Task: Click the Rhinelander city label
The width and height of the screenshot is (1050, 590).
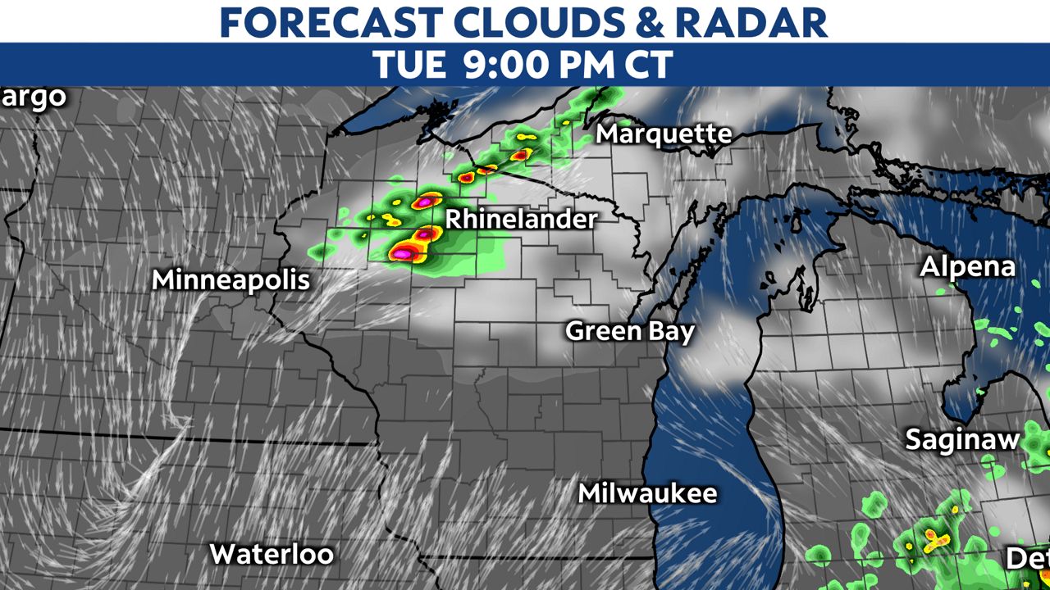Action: (x=520, y=220)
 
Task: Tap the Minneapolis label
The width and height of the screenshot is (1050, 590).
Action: (x=231, y=279)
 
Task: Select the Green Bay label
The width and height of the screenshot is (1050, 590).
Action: (x=630, y=331)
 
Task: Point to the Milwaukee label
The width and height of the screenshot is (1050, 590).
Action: (x=647, y=493)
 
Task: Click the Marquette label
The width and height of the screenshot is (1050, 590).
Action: (x=664, y=134)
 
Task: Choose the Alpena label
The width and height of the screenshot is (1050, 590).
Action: (x=967, y=266)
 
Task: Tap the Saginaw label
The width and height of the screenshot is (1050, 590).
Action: (x=962, y=439)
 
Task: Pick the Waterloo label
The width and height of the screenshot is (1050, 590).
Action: (x=272, y=554)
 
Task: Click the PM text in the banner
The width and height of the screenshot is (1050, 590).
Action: (x=584, y=65)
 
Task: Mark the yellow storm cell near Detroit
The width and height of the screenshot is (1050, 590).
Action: (x=933, y=538)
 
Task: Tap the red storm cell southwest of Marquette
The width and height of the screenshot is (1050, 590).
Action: (x=519, y=154)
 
